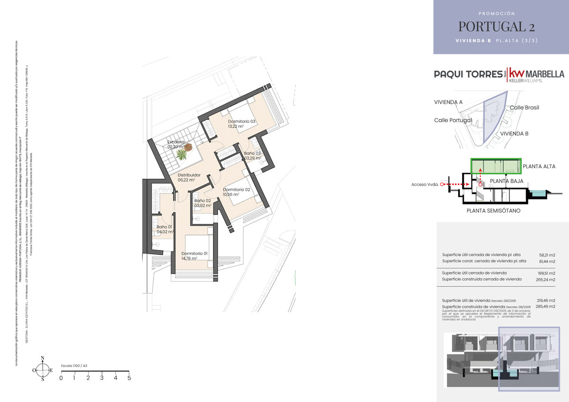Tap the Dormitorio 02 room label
[236, 189]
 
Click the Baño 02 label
[202, 201]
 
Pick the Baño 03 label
[252, 154]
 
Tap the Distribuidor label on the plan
[189, 175]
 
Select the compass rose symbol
[43, 369]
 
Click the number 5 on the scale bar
[129, 378]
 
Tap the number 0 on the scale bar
[61, 378]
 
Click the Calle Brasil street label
[524, 108]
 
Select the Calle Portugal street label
[453, 120]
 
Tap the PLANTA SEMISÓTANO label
[493, 210]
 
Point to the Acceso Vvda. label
[424, 184]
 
